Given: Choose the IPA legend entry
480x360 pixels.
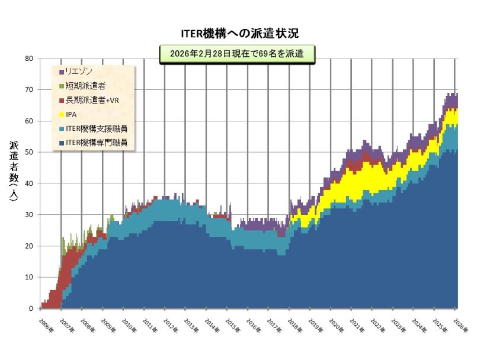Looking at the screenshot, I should (x=71, y=114).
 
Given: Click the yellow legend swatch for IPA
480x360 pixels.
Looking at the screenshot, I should (x=61, y=114).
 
